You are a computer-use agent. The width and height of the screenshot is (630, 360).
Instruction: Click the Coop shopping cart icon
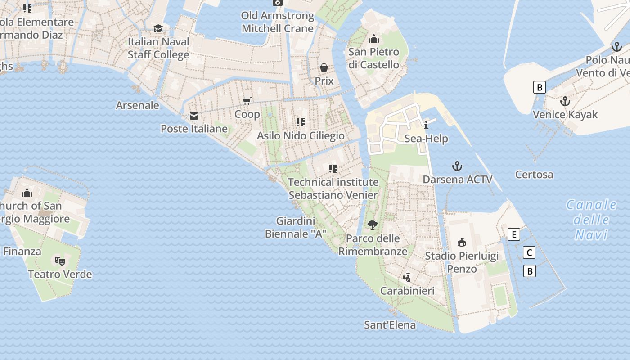[x=247, y=101]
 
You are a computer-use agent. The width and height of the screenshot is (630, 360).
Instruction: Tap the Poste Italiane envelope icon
[x=194, y=116]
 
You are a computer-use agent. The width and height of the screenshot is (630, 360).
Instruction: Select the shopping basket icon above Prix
[x=324, y=68]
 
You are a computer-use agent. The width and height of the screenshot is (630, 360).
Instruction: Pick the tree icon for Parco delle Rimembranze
[x=372, y=225]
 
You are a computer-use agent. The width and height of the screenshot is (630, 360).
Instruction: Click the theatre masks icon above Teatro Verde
[x=60, y=261]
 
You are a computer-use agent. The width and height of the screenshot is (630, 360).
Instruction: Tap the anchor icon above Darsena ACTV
[x=457, y=166]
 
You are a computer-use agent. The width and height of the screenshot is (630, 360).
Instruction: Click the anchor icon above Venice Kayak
[x=565, y=101]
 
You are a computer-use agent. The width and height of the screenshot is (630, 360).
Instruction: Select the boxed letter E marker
[x=513, y=234]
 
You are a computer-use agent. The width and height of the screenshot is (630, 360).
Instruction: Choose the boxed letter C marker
[x=530, y=253]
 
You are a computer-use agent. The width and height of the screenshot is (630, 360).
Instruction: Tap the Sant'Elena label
[x=390, y=324]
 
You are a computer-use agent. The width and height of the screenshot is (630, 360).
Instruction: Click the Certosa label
[x=534, y=175]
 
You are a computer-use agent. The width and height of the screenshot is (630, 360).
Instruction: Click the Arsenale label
[x=138, y=105]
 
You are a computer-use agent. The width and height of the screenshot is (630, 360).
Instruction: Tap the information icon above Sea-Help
[x=426, y=125]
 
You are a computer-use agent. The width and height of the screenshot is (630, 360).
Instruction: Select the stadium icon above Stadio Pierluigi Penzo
[x=462, y=243]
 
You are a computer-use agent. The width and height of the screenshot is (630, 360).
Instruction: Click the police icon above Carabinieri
[x=407, y=277]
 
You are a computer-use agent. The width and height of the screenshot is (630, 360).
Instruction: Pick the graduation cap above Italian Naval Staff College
[x=158, y=29]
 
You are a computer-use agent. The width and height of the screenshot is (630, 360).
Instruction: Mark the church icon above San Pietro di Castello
[x=373, y=39]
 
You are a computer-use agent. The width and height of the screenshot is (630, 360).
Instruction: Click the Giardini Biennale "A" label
[x=295, y=227]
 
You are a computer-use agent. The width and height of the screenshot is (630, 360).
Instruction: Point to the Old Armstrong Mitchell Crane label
[x=278, y=22]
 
